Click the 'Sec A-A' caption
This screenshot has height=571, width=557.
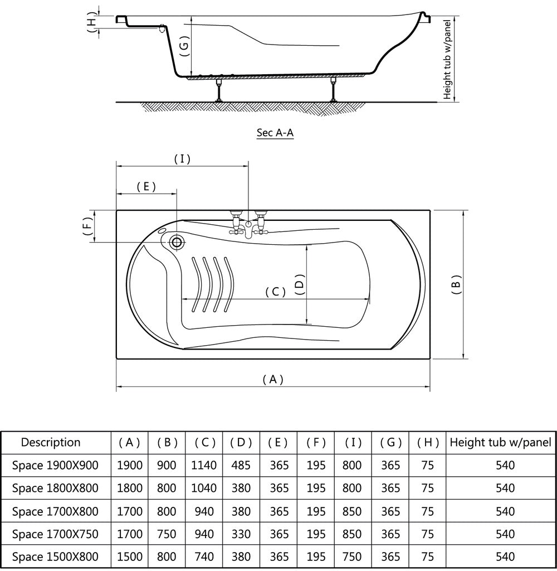pyautogui.click(x=275, y=133)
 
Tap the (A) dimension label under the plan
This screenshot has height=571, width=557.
pyautogui.click(x=273, y=380)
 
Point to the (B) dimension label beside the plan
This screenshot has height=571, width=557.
pyautogui.click(x=456, y=284)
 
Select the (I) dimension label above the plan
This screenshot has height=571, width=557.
pyautogui.click(x=182, y=159)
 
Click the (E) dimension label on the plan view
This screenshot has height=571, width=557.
pyautogui.click(x=146, y=187)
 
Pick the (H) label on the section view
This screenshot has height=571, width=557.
pyautogui.click(x=92, y=22)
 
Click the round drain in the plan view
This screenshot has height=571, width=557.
pyautogui.click(x=177, y=242)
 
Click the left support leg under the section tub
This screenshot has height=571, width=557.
pyautogui.click(x=220, y=89)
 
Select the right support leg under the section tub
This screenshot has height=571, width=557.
pyautogui.click(x=334, y=89)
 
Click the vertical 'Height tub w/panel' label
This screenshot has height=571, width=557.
pyautogui.click(x=447, y=58)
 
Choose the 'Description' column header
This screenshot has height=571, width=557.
pyautogui.click(x=51, y=443)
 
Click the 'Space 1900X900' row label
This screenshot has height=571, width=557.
pyautogui.click(x=55, y=465)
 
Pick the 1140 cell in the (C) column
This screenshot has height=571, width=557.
pyautogui.click(x=204, y=465)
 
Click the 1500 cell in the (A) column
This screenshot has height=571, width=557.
pyautogui.click(x=130, y=557)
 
